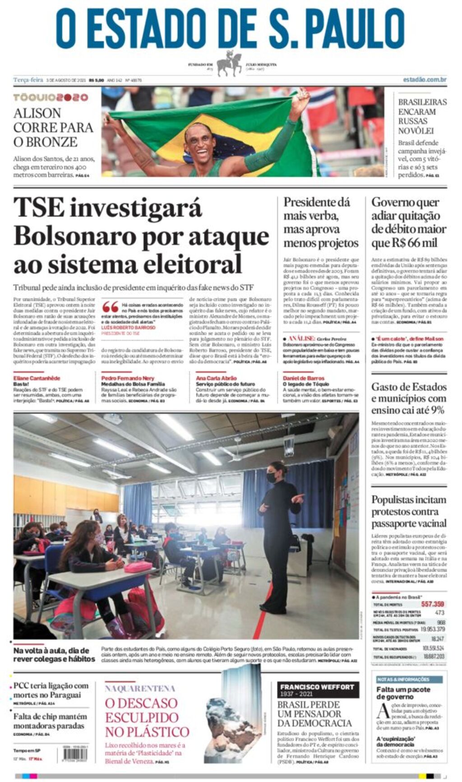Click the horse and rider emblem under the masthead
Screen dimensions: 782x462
pyautogui.click(x=229, y=64)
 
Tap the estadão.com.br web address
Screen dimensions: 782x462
pyautogui.click(x=425, y=79)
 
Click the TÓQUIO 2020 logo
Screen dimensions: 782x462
pyautogui.click(x=51, y=97)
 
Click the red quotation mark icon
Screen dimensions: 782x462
pyautogui.click(x=110, y=307)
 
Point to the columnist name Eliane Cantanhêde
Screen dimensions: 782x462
pyautogui.click(x=37, y=378)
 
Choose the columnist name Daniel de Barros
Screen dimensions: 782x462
pyautogui.click(x=303, y=378)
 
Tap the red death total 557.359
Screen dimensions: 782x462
pyautogui.click(x=432, y=604)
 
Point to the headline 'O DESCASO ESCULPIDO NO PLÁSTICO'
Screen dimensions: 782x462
pyautogui.click(x=147, y=717)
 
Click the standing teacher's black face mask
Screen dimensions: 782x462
pyautogui.click(x=272, y=477)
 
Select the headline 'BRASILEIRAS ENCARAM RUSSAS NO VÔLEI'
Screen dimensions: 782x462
pyautogui.click(x=422, y=116)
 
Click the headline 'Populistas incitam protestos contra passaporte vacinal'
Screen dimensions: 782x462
pyautogui.click(x=409, y=511)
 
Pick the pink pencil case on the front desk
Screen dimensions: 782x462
pyautogui.click(x=138, y=566)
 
